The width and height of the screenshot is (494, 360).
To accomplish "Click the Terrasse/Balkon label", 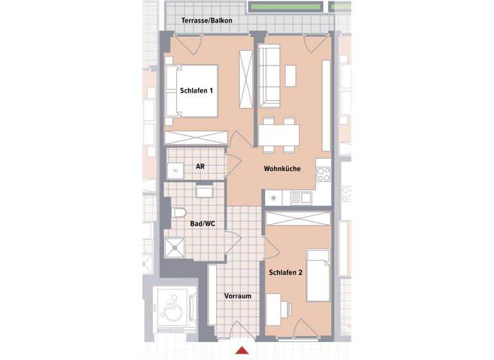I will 206,21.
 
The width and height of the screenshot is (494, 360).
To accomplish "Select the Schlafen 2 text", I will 286,272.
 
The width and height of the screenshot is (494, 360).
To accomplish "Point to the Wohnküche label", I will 282,169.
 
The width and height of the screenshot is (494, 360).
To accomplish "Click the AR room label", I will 200,166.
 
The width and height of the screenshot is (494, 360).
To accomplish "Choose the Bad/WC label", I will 203,224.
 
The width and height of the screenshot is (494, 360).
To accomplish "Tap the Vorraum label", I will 237,296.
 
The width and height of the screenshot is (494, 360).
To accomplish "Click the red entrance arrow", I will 242,350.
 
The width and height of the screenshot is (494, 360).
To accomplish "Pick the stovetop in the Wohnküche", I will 323,174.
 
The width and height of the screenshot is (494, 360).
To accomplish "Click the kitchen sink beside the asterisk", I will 299,198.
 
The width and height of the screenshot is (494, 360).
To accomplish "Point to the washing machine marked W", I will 174,171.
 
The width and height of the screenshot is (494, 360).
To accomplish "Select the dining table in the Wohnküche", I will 279,135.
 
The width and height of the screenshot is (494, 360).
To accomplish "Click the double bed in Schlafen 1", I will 191,91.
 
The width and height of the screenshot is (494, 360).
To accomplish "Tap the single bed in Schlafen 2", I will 318,276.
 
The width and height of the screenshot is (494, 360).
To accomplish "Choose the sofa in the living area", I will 270,76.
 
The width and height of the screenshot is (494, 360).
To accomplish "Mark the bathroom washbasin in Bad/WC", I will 205,191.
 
